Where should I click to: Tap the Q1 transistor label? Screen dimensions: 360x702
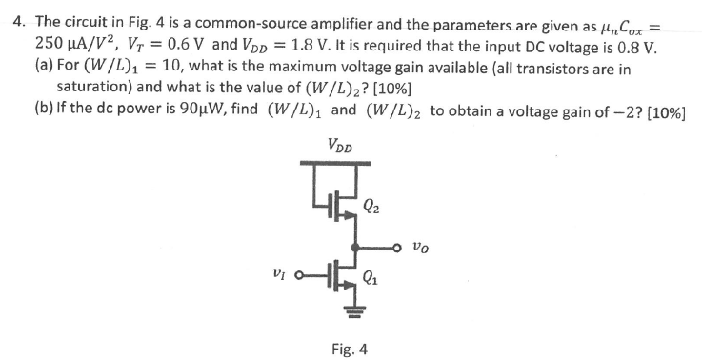click(373, 279)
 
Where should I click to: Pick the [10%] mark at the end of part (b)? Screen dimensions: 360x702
click(664, 112)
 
